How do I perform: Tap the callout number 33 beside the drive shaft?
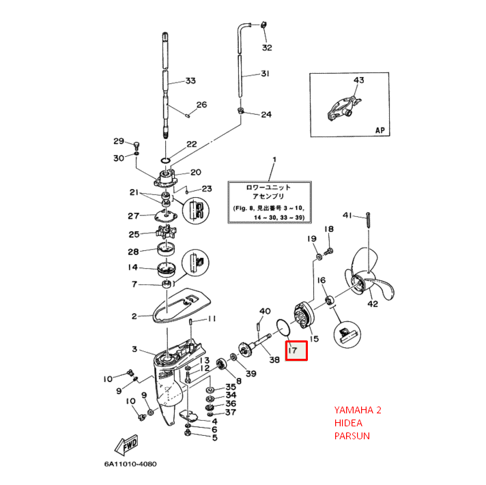(190, 81)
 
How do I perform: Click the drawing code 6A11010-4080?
(130, 465)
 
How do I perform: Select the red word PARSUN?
(352, 435)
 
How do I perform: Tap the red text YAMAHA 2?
(358, 410)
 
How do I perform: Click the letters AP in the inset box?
(380, 130)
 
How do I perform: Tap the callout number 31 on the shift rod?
(265, 74)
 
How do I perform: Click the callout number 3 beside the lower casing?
(134, 349)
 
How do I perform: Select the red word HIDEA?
(349, 423)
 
